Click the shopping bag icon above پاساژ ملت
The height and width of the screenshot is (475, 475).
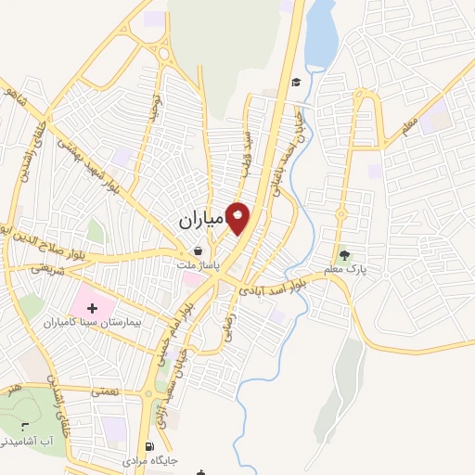[198, 250]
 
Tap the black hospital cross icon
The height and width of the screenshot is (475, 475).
[91, 307]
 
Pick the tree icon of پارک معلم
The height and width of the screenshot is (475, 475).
[345, 254]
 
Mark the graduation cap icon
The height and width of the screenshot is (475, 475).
[295, 83]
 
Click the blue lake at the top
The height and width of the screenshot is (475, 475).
[321, 37]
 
